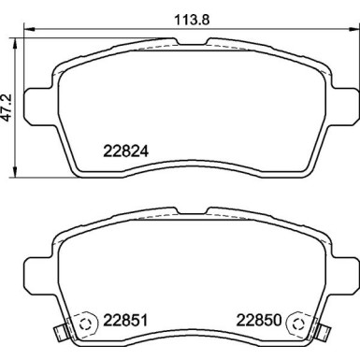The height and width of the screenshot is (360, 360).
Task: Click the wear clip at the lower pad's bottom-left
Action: click(62, 331)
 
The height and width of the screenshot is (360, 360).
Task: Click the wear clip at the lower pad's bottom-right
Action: click(321, 331)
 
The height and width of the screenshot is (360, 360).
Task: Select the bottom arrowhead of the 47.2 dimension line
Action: click(13, 177)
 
